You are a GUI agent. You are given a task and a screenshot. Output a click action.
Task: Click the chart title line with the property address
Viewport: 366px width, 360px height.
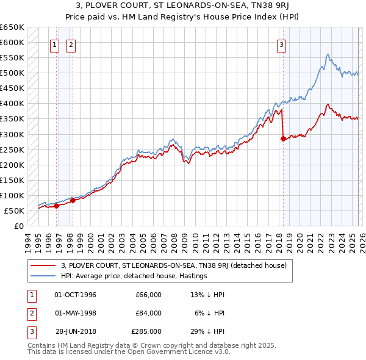point(183,6)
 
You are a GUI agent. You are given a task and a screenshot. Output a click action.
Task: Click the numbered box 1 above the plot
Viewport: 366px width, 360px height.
point(54,45)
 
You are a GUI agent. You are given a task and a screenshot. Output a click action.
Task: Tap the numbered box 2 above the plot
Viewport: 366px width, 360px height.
point(70,45)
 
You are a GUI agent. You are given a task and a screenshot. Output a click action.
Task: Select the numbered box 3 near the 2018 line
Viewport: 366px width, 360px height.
point(281,45)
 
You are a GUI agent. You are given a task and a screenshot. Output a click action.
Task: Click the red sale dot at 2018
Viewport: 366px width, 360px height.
point(283,139)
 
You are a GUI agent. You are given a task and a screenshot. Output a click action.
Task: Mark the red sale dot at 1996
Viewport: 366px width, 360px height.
point(56,206)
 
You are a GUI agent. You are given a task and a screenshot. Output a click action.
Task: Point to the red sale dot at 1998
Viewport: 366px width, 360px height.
point(73,200)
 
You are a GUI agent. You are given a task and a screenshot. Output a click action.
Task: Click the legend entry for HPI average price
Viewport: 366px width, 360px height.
point(134,276)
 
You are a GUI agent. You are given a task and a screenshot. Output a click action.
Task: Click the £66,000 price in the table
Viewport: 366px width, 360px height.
point(148,295)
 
